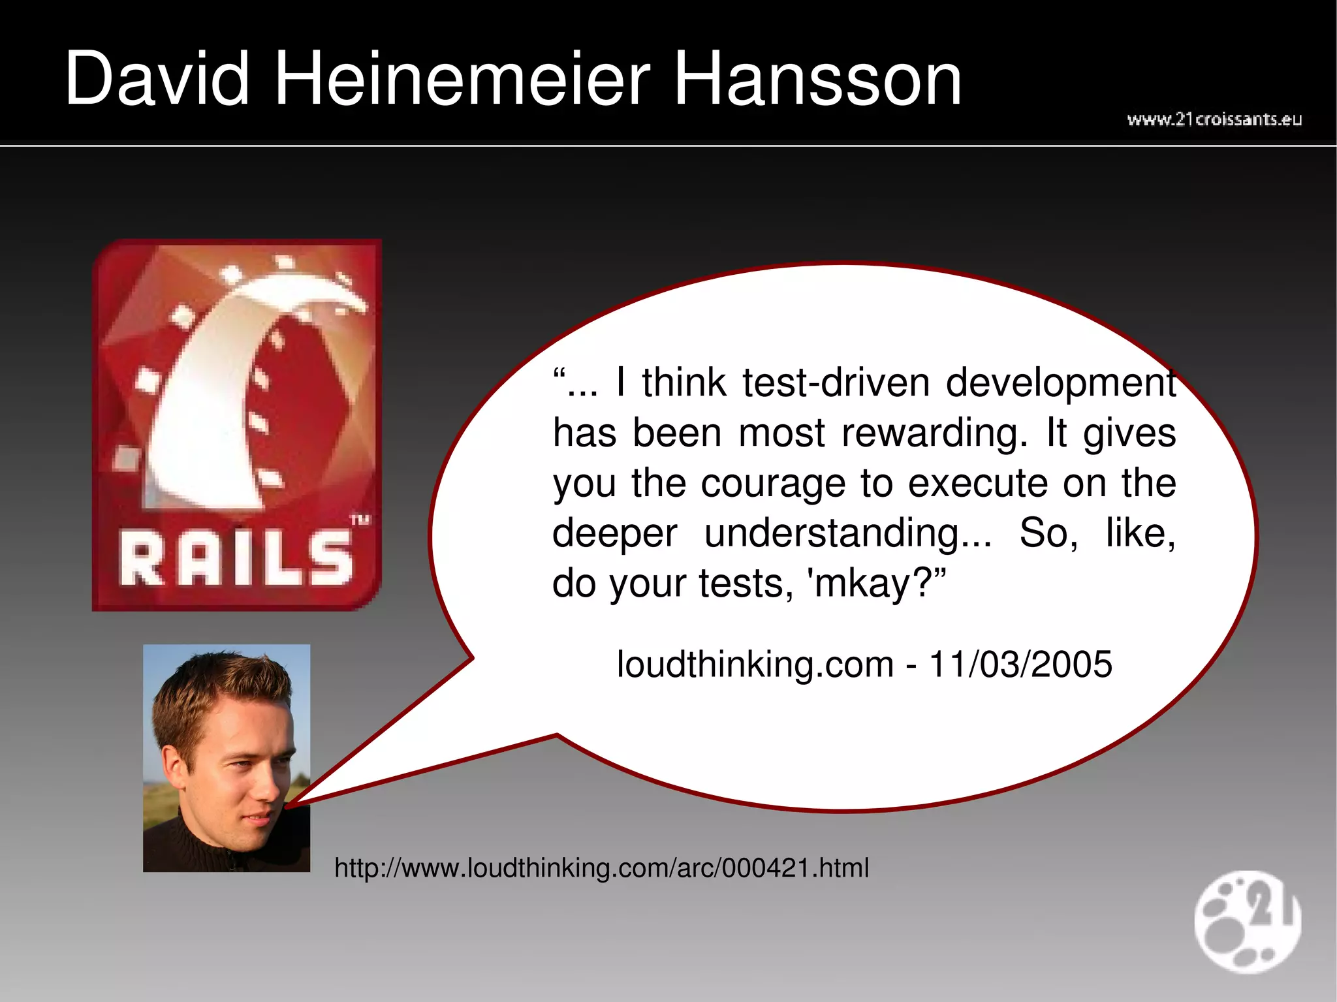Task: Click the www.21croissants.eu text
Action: pos(1214,119)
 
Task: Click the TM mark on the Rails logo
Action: pos(360,520)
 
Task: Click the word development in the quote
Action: pos(1061,383)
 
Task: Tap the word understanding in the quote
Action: pos(847,533)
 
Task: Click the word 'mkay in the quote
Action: pos(859,583)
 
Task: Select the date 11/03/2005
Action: pos(1020,665)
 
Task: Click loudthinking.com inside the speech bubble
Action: pos(755,665)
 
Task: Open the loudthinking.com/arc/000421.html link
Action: pos(601,868)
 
